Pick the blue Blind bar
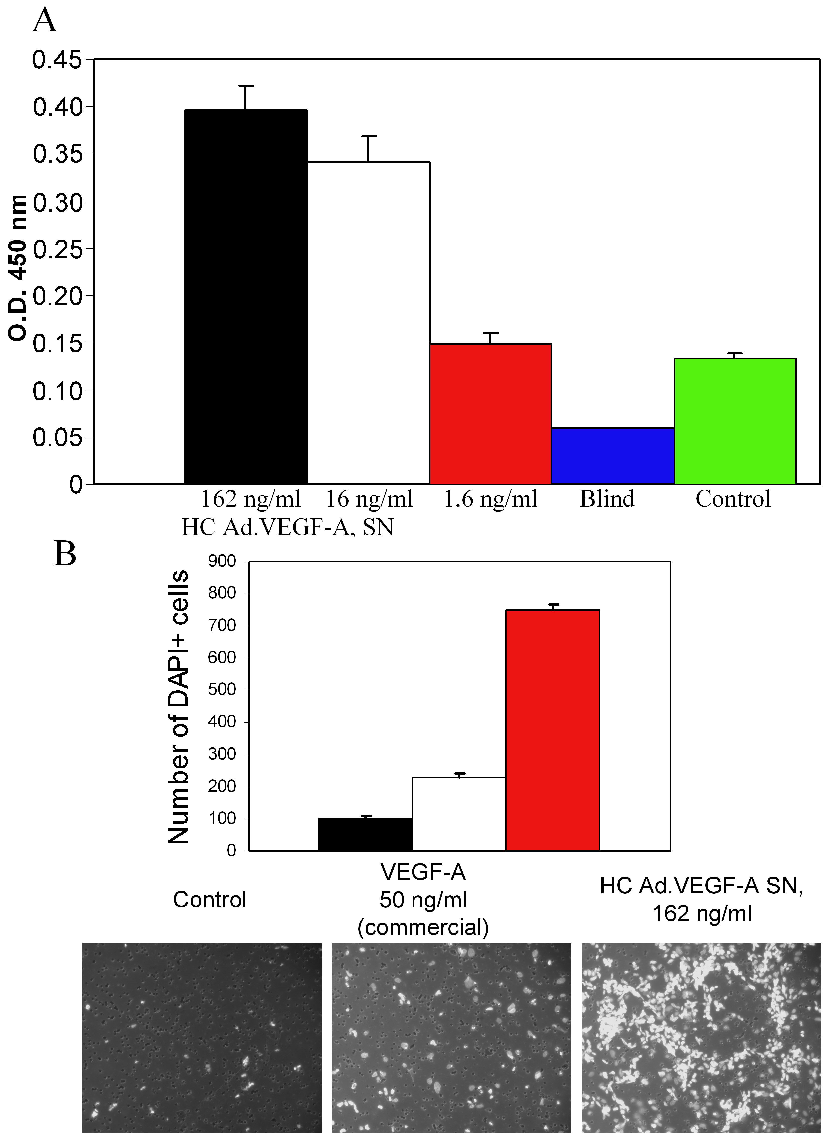(x=612, y=456)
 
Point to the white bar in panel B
(x=459, y=814)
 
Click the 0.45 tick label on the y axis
(x=57, y=60)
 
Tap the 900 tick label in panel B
(x=222, y=562)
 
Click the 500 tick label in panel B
(x=222, y=690)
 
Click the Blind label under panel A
(x=607, y=499)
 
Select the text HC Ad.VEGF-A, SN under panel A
(x=287, y=527)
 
